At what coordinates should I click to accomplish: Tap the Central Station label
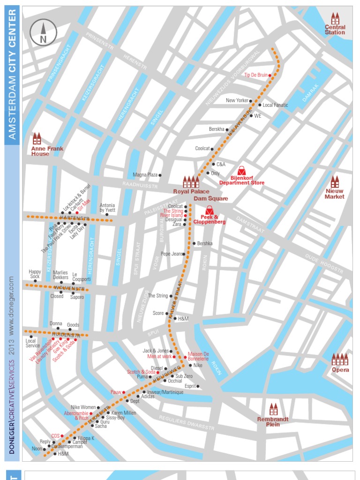(335, 30)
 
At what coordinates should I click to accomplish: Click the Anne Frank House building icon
(37, 138)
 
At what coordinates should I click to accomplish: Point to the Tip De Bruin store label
(255, 75)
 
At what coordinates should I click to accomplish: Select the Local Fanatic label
(276, 105)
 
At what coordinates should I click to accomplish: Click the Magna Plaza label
(145, 175)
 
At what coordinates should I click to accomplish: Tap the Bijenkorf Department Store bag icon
(241, 171)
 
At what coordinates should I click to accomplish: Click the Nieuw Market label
(335, 194)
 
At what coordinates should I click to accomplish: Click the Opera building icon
(340, 360)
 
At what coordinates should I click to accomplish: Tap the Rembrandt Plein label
(273, 422)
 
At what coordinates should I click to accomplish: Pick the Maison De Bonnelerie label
(198, 356)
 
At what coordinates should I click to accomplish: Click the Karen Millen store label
(124, 413)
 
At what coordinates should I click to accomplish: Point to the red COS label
(55, 436)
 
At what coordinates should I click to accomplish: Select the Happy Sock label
(35, 274)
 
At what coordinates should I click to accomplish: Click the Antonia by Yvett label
(107, 208)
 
